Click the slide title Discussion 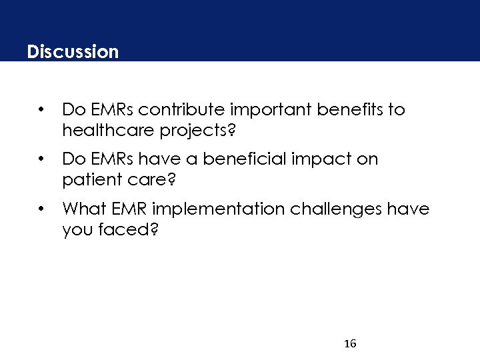[73, 51]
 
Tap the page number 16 [350, 344]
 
